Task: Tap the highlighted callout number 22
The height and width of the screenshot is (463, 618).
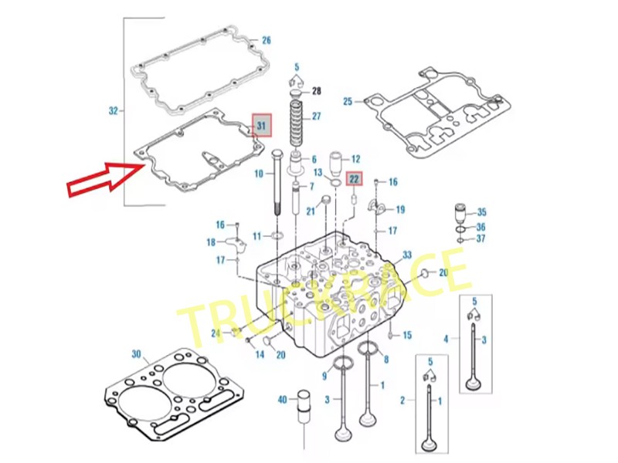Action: (x=354, y=179)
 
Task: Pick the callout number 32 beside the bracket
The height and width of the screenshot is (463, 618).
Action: (x=114, y=111)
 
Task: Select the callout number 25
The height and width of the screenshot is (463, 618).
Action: (x=347, y=102)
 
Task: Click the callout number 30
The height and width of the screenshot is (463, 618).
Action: (x=136, y=354)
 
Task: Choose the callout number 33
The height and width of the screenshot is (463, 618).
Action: (x=407, y=255)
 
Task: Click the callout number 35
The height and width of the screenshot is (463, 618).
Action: (x=481, y=212)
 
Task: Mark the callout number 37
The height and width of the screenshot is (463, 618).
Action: (x=481, y=238)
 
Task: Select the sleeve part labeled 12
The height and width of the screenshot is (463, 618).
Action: (x=338, y=163)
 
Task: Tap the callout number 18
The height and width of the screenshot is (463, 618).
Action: (x=210, y=242)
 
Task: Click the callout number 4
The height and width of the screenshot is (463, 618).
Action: (x=446, y=338)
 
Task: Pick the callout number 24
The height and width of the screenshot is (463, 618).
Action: (x=216, y=333)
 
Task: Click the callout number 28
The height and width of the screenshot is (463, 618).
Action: (x=316, y=92)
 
